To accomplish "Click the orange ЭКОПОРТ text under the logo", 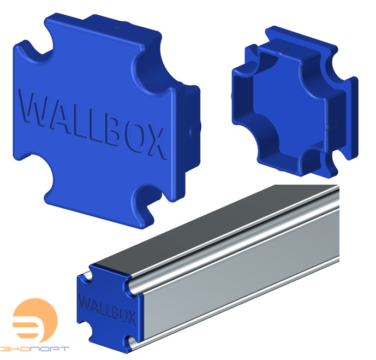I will pyautogui.click(x=35, y=348).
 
